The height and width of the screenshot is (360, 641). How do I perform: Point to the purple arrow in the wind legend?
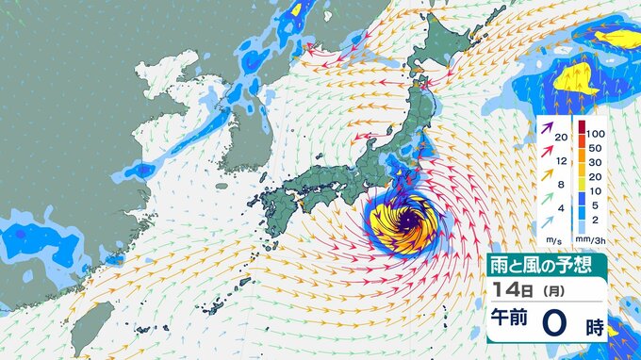[x=547, y=128]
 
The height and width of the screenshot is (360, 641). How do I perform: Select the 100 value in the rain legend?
[x=598, y=124]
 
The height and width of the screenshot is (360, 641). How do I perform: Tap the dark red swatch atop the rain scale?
[x=582, y=125]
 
